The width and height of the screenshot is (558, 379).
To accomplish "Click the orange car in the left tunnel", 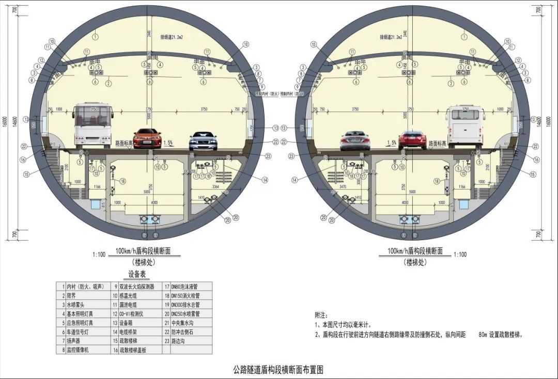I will pos(147,138).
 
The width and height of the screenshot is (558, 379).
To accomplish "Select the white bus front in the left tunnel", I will pos(93,125).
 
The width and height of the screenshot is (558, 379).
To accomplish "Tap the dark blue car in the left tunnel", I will pos(203,141).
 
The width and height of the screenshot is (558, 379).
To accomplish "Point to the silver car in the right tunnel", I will pos(355,140).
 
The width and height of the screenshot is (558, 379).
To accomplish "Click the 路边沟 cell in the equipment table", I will pos(182,341).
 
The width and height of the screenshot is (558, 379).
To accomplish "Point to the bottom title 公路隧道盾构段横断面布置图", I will pos(278,370).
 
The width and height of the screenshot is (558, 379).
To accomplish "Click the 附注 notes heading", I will pos(321,314).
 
